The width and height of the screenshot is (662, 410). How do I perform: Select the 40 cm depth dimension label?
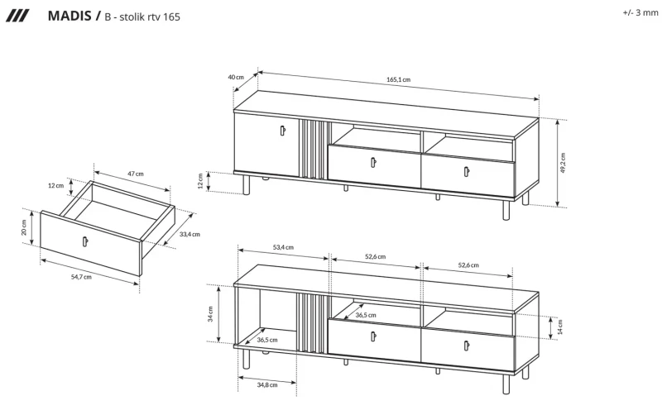236,77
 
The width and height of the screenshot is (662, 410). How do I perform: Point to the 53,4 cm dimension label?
283,246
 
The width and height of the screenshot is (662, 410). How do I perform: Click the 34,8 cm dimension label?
266,384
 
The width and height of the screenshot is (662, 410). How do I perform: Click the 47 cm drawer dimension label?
135,174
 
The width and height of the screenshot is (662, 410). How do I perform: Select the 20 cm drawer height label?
25,226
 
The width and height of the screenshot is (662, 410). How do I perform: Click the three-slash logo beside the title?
17,15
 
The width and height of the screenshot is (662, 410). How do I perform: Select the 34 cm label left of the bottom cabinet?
211,313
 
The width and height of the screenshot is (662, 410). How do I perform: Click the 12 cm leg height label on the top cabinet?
201,180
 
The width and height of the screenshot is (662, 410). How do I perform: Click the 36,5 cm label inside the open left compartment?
266,339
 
